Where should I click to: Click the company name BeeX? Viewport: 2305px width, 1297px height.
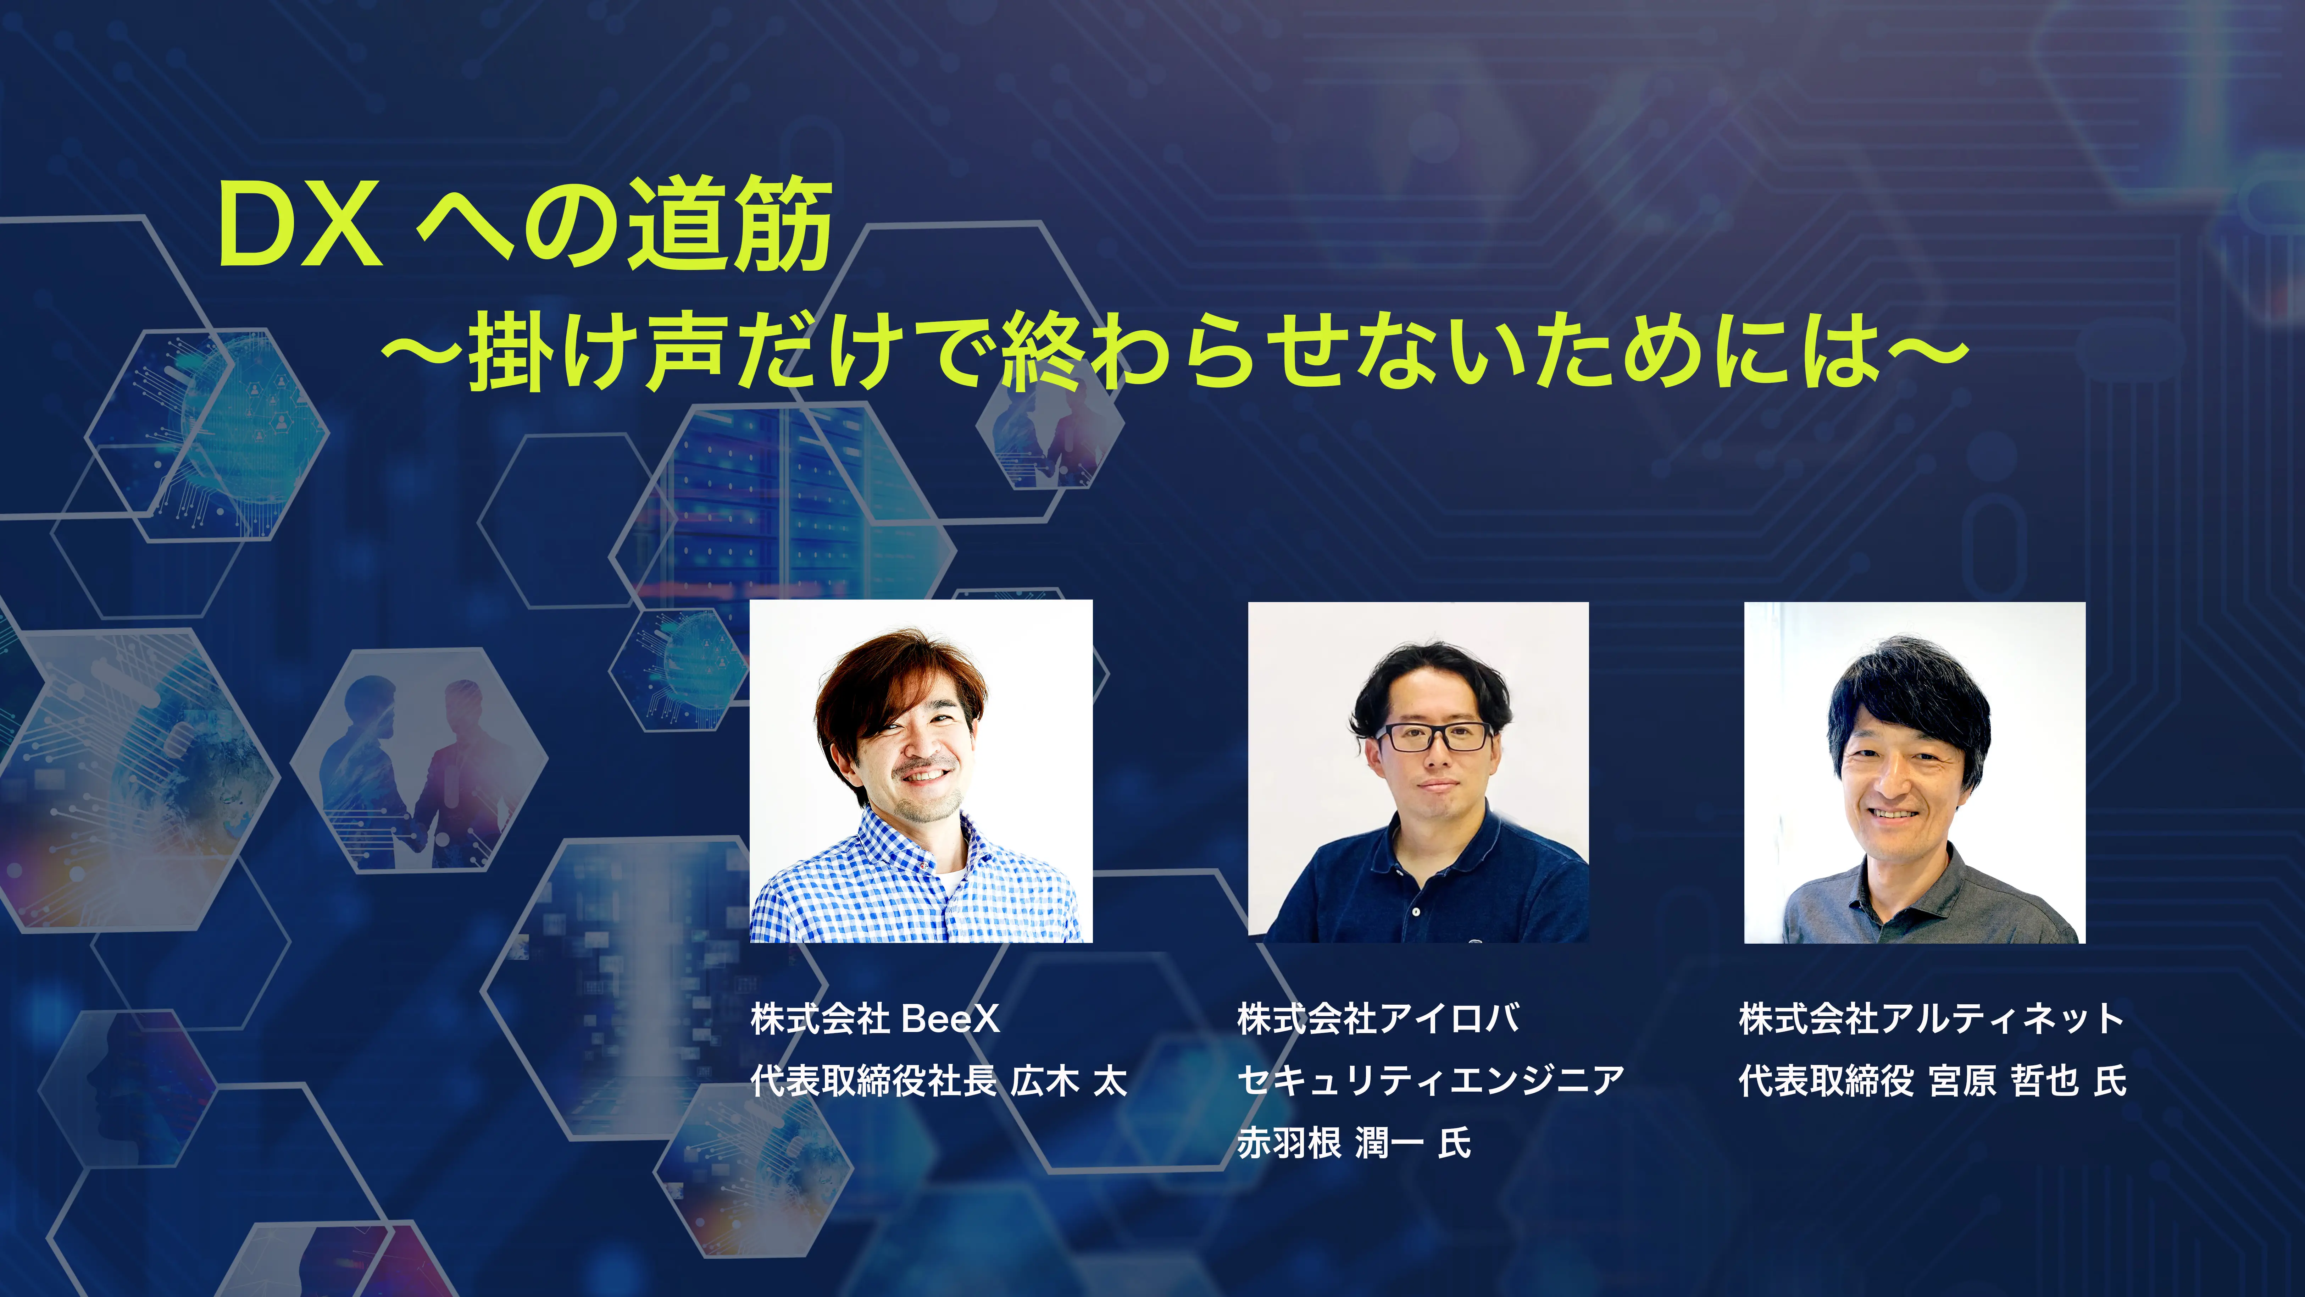pos(950,1019)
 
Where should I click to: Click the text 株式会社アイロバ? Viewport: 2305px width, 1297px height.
pos(1378,1019)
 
